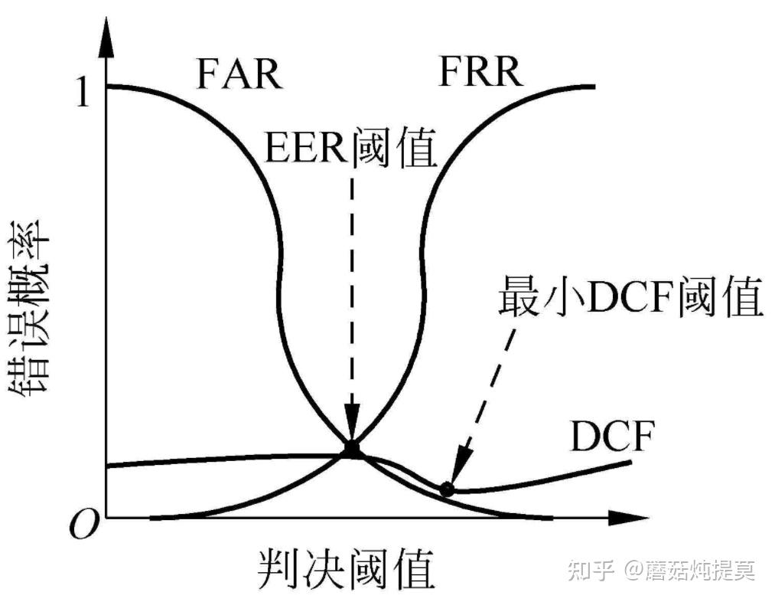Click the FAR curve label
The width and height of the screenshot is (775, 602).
pos(239,74)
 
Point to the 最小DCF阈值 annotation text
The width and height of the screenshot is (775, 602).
pos(630,298)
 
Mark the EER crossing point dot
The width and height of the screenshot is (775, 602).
pos(351,449)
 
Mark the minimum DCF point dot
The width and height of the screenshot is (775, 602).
pos(447,489)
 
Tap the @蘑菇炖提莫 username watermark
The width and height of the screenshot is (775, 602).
pos(689,571)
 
